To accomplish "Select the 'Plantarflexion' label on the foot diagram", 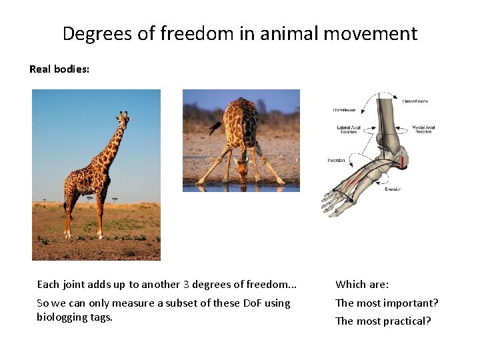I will pos(415,101).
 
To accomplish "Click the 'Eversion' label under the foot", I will pos(393,189).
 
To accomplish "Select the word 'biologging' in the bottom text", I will pos(60,317).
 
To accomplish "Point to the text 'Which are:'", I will pos(362,285).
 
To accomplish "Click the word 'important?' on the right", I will pos(411,303).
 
